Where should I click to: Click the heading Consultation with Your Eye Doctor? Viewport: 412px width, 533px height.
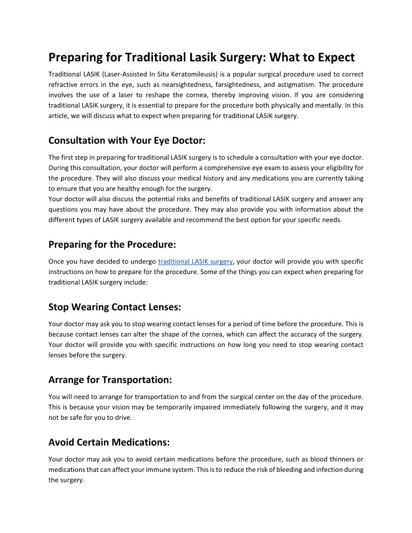[x=127, y=140]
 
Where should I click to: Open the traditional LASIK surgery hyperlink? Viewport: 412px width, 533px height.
[x=195, y=261]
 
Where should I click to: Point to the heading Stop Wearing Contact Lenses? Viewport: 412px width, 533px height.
[x=115, y=307]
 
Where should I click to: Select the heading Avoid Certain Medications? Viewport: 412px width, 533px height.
[x=109, y=442]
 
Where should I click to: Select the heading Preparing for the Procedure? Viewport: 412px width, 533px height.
[x=112, y=244]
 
